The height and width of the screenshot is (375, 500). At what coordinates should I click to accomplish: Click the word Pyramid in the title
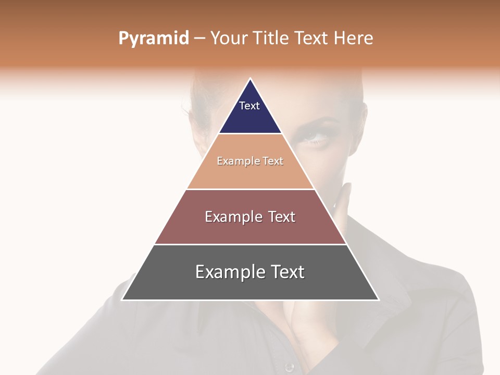coord(154,39)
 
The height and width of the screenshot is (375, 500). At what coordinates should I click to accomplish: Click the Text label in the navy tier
coord(249,106)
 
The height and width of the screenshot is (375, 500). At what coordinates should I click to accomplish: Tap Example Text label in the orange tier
coord(250,161)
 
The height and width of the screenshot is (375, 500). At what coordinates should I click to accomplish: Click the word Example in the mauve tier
coord(233,217)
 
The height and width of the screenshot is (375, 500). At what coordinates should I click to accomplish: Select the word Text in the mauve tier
coord(281,217)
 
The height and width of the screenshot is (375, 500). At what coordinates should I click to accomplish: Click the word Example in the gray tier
coord(229,272)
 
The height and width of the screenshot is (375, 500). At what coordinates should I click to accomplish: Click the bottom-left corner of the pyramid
coord(122,299)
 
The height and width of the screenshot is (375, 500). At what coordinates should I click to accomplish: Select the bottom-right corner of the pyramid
coord(379,299)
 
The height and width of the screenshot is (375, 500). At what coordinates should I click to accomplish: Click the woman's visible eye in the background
coord(314,136)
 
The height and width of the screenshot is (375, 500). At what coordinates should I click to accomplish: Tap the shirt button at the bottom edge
coord(289,368)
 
